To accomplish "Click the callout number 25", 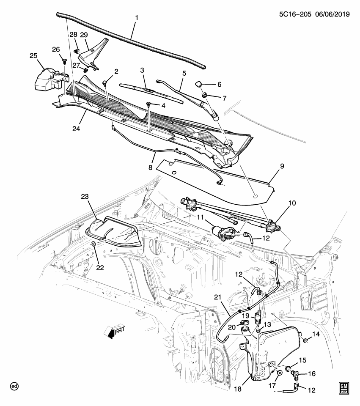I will tap(34, 55).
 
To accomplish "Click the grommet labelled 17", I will tap(280, 373).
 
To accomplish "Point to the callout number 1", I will tap(136, 18).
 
